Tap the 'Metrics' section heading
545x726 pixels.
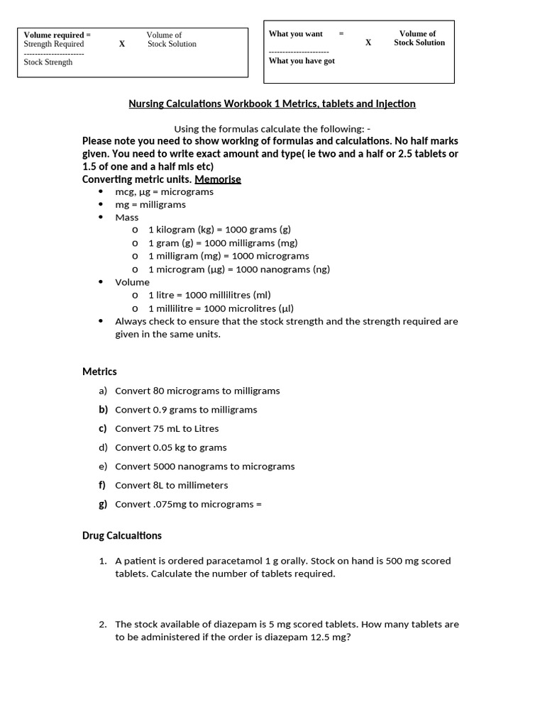click(x=99, y=372)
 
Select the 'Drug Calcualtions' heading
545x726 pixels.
click(x=122, y=536)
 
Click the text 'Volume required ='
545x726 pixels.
click(x=57, y=35)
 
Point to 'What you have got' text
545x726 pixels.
click(x=302, y=61)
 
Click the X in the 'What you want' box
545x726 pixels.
click(x=368, y=43)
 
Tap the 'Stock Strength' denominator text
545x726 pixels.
click(x=48, y=62)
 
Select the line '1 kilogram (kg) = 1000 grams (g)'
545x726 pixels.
click(x=219, y=230)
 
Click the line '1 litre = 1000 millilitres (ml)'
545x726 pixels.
click(x=209, y=295)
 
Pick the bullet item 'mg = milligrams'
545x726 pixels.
click(x=150, y=205)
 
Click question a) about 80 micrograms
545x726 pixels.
click(x=197, y=391)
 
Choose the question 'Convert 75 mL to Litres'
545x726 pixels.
click(x=167, y=429)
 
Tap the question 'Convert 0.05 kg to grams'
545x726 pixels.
click(x=170, y=447)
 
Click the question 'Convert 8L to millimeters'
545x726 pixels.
click(x=171, y=486)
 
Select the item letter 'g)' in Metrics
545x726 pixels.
click(x=103, y=504)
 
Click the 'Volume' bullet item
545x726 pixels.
click(x=132, y=282)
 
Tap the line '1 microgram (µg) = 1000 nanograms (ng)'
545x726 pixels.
click(x=238, y=269)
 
